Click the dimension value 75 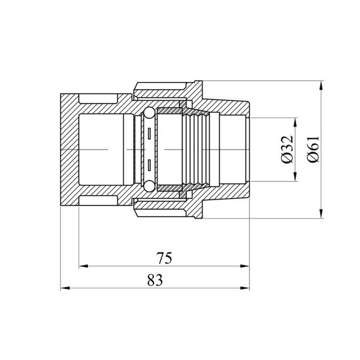click(x=164, y=258)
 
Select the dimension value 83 click(x=155, y=280)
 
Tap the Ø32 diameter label click(x=287, y=149)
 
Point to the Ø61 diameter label click(x=314, y=149)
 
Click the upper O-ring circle click(x=149, y=113)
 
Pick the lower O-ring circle click(x=149, y=186)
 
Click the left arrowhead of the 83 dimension click(x=65, y=288)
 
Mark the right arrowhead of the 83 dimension click(x=245, y=288)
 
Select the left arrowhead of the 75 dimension click(x=83, y=266)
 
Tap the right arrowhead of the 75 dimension click(x=245, y=266)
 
